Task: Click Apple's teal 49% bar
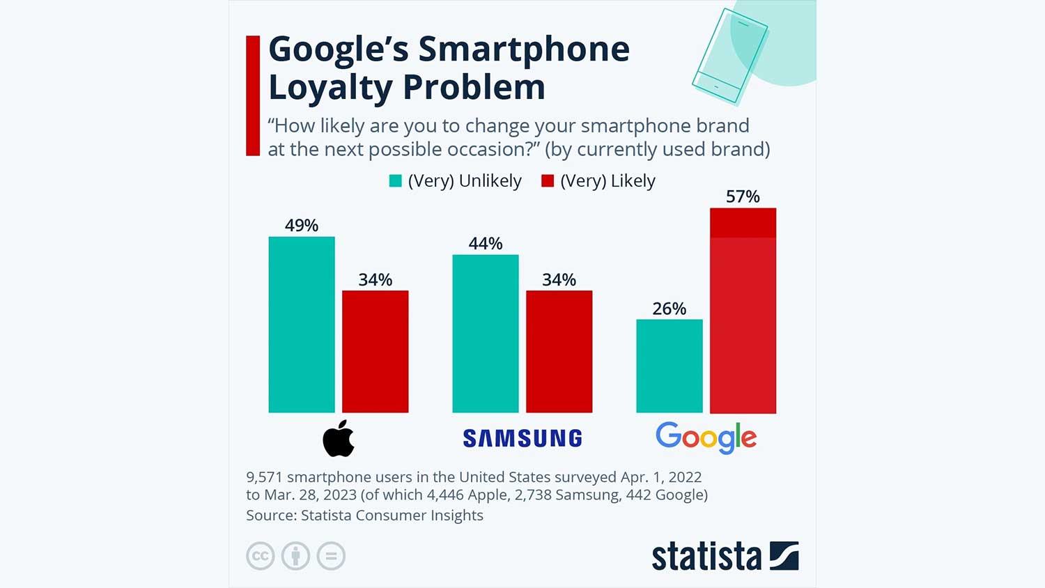pos(302,325)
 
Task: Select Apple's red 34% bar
pos(375,352)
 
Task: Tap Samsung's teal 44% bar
pos(486,334)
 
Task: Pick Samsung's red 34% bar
pos(559,352)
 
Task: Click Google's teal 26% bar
pos(669,366)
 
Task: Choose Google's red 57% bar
pos(743,311)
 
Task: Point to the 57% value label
pos(743,197)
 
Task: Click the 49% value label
pos(302,226)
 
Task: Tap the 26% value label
pos(669,309)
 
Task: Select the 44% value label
pos(486,244)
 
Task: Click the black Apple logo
pos(339,439)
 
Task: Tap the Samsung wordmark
pos(522,438)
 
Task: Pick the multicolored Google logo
pos(706,438)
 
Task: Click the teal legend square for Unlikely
pos(396,181)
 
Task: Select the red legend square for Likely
pos(548,181)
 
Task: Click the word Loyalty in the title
pos(331,88)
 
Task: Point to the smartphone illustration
pos(729,56)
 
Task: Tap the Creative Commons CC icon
pos(261,556)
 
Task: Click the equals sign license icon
pos(331,556)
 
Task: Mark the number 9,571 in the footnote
pos(264,477)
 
